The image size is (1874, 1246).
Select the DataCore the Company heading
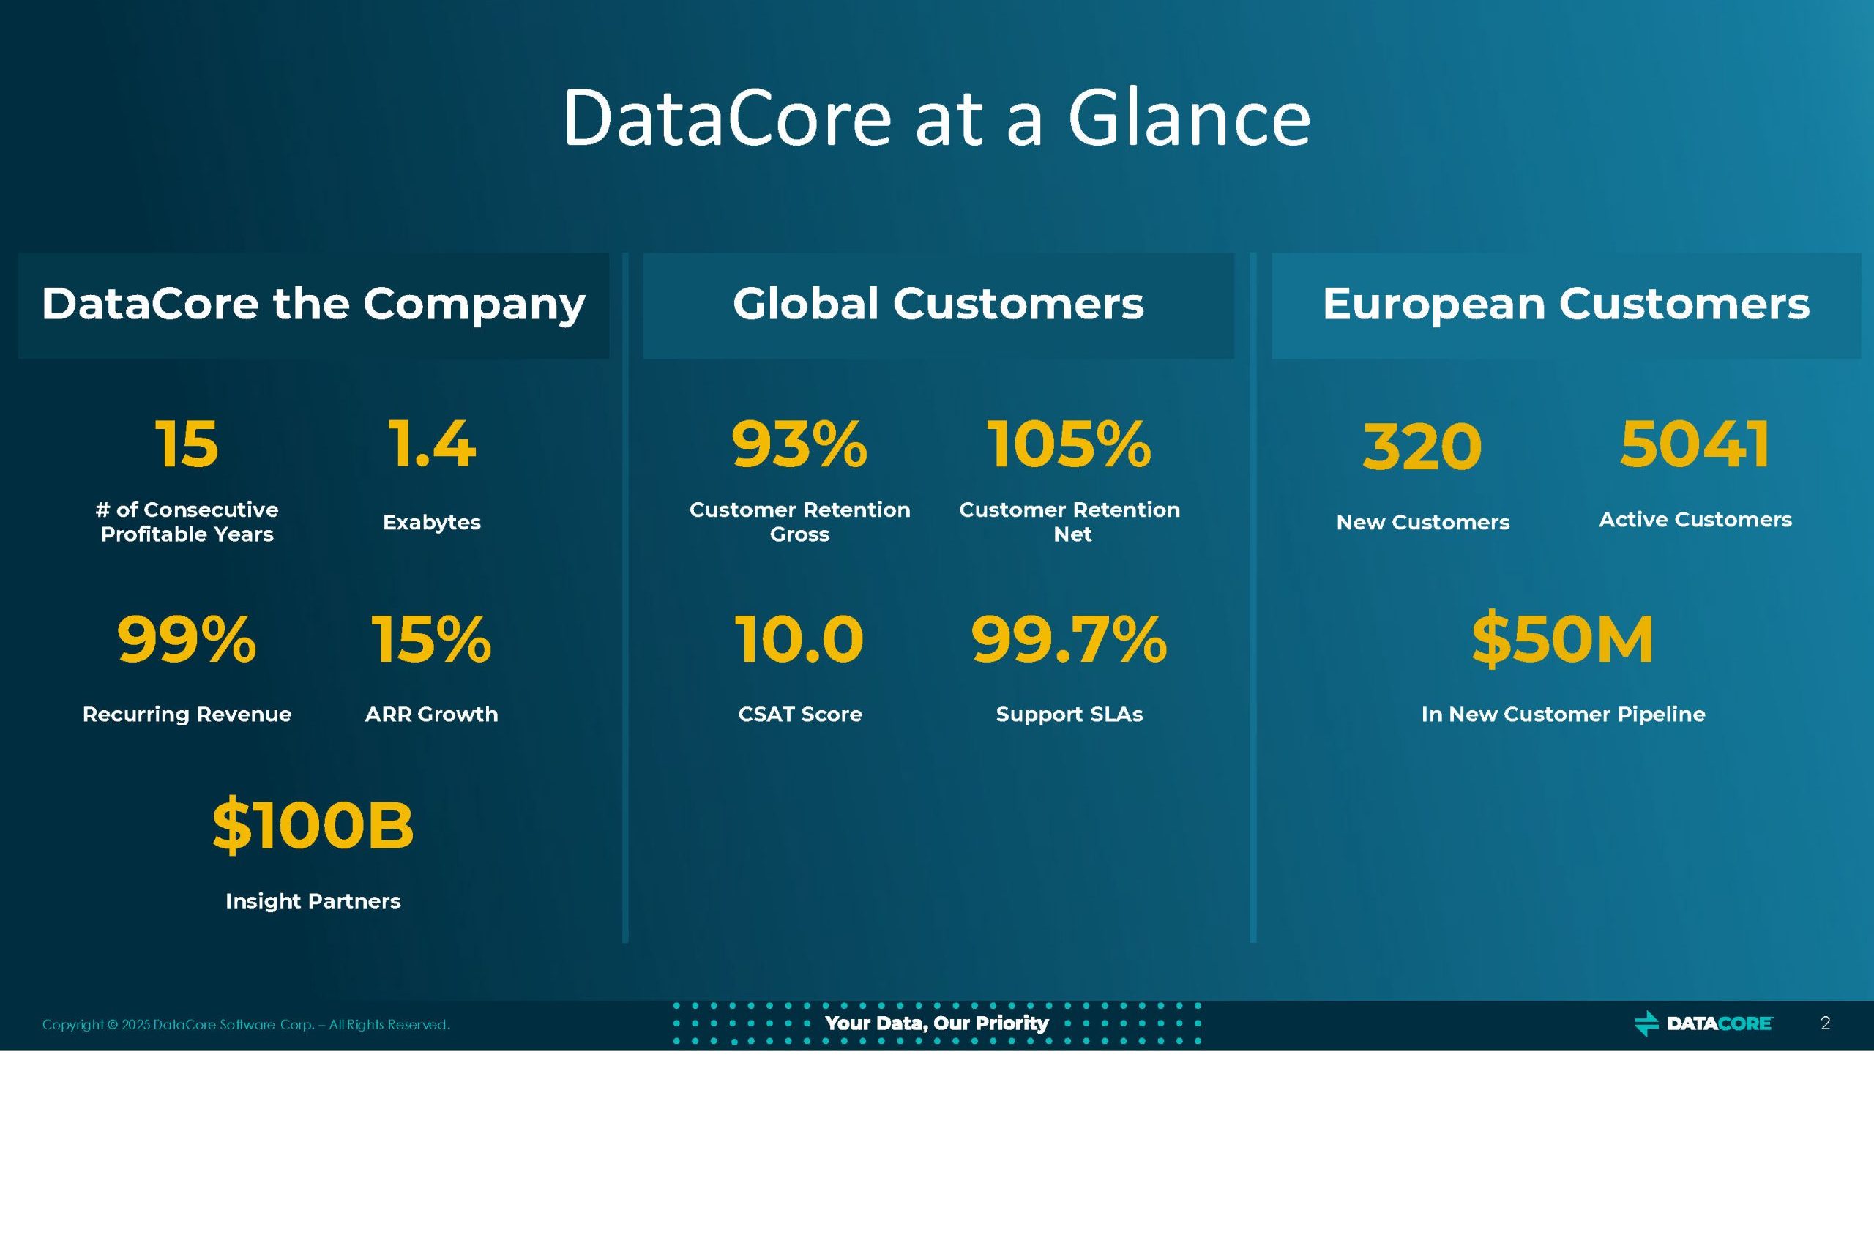(x=313, y=305)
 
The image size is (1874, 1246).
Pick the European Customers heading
(x=1566, y=304)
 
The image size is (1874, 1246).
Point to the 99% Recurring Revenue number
(x=187, y=639)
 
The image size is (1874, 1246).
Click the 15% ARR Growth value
(x=431, y=639)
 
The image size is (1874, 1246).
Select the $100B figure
(x=313, y=826)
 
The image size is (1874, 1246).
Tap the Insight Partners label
(x=313, y=901)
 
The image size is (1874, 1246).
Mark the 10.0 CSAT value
(x=799, y=639)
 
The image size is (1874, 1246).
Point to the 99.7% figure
(x=1069, y=639)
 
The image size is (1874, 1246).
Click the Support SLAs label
(x=1069, y=715)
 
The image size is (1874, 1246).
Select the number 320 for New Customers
(x=1422, y=447)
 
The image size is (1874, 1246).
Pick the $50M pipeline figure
(x=1563, y=639)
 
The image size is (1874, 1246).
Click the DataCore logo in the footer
(x=1703, y=1023)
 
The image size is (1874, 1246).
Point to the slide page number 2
(x=1826, y=1023)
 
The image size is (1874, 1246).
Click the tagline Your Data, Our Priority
(x=936, y=1023)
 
